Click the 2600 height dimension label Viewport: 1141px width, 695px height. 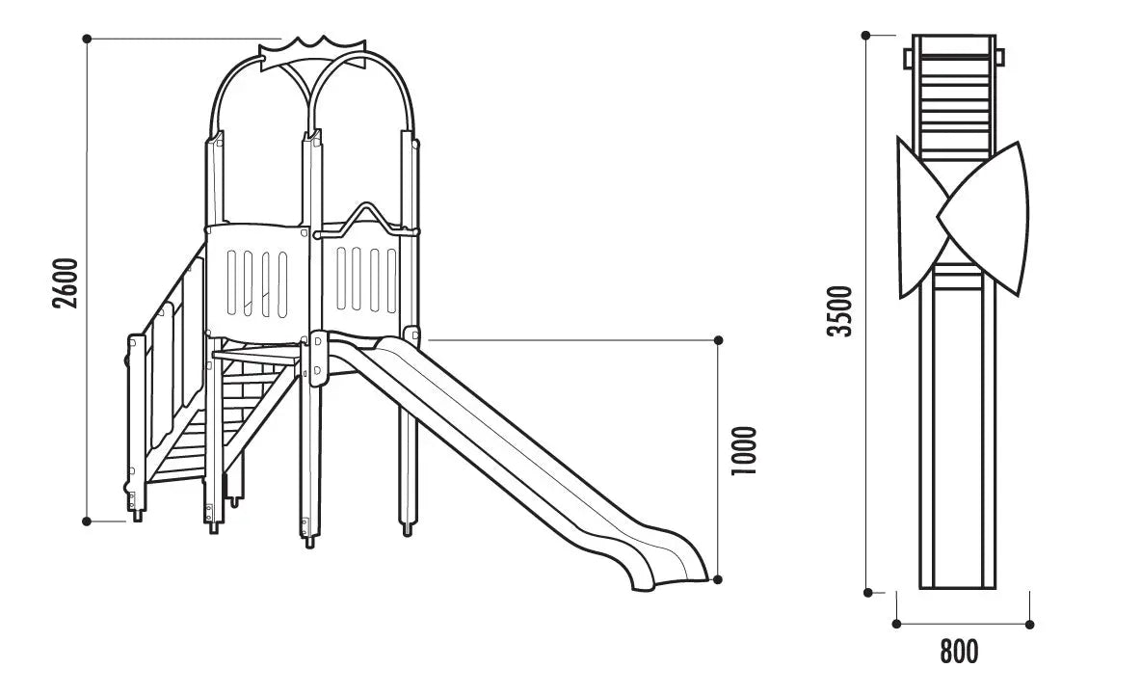[x=66, y=282]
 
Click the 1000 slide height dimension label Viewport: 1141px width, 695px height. [x=744, y=451]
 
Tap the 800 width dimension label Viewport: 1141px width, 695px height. [x=959, y=652]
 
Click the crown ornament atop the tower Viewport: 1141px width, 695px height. [x=313, y=53]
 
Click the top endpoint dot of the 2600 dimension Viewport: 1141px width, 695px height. [x=87, y=38]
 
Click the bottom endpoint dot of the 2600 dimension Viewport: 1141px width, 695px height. [x=87, y=521]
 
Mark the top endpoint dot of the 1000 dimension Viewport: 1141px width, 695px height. [x=719, y=340]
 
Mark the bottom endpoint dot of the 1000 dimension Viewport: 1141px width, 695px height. [x=718, y=579]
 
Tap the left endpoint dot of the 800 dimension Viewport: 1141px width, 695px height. [x=896, y=624]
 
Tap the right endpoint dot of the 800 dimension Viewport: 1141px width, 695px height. [x=1029, y=624]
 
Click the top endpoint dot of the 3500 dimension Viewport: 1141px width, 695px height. [x=866, y=35]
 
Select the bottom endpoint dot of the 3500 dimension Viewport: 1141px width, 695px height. [x=868, y=593]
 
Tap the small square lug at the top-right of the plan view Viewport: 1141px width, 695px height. [x=1000, y=56]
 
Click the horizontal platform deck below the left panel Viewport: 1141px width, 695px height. [x=256, y=355]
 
